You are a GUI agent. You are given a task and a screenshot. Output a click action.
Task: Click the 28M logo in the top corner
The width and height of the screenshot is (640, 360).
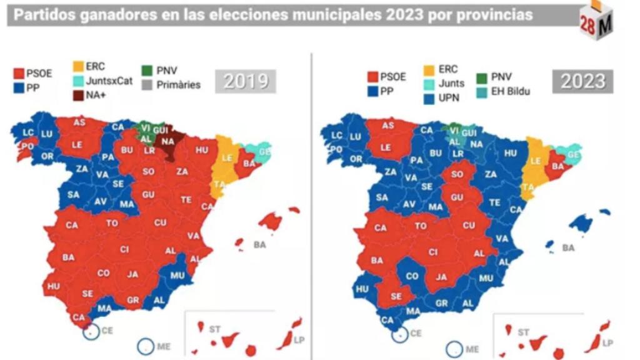point(597,22)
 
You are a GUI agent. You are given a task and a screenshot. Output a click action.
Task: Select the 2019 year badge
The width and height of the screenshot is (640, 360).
point(246,81)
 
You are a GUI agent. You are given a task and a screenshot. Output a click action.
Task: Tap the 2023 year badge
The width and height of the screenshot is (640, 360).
point(582,82)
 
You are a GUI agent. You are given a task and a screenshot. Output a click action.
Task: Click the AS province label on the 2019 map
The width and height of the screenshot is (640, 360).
point(79,122)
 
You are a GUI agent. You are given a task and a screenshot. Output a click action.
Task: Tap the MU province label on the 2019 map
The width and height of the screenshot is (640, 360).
point(177,274)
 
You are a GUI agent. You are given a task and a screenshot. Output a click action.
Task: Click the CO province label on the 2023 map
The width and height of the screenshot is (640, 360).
point(412,276)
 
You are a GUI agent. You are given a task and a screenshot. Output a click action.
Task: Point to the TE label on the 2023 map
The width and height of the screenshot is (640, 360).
point(494,202)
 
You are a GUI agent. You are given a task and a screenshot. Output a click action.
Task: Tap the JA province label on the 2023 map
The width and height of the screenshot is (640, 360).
point(442,277)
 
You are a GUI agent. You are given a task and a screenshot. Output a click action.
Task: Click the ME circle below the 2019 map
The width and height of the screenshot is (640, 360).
point(145,347)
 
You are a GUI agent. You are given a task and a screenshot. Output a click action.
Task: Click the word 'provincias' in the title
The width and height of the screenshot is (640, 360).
point(494,15)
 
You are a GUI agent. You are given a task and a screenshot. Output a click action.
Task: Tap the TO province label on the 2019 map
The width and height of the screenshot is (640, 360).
point(112,223)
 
